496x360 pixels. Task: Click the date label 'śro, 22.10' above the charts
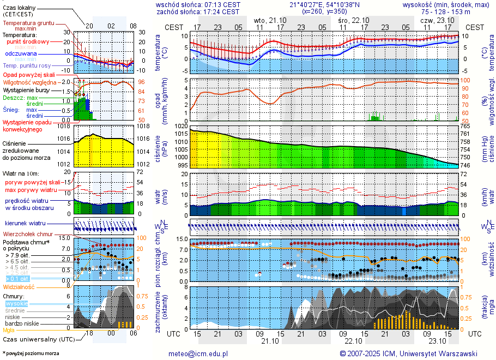353,20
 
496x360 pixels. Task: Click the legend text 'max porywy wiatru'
31,189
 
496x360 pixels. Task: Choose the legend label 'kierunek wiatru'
25,224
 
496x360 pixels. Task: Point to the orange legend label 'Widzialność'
19,286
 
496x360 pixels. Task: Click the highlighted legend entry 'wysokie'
16,303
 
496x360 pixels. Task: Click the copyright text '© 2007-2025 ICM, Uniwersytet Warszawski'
408,353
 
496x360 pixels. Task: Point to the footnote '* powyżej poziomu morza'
30,353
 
